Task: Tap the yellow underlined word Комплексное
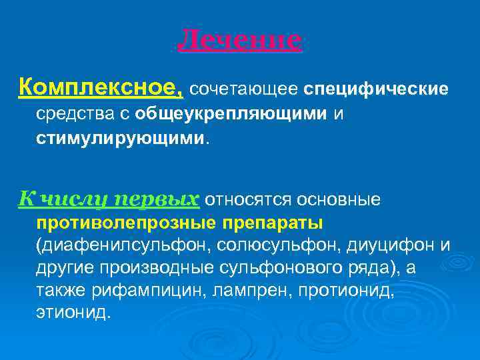click(x=101, y=87)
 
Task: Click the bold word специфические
click(x=377, y=89)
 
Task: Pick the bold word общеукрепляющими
click(x=230, y=114)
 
